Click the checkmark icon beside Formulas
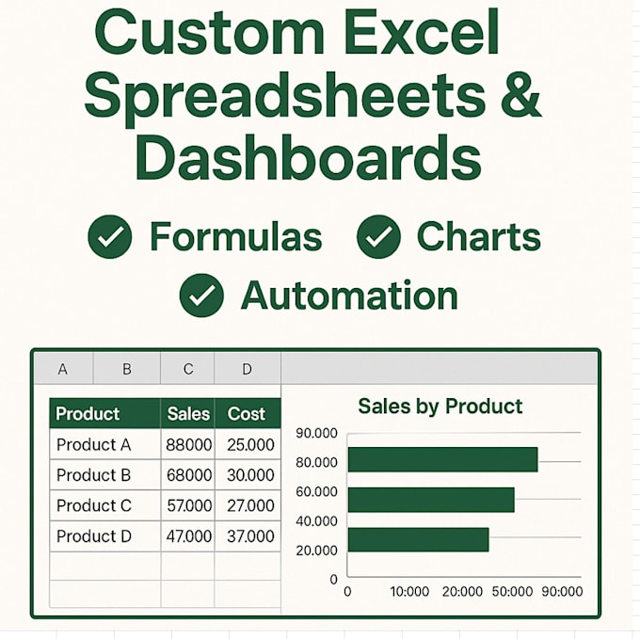(x=110, y=236)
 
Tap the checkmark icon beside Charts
(x=378, y=236)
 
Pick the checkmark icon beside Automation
(x=201, y=296)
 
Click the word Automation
(x=349, y=296)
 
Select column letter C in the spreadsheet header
(x=188, y=369)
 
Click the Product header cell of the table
(x=88, y=413)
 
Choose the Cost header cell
(x=247, y=413)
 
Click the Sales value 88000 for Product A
(x=188, y=444)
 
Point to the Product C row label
(x=93, y=505)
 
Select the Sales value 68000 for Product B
(x=188, y=475)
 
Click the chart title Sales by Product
(x=440, y=407)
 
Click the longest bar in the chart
(x=442, y=459)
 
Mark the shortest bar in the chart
(x=418, y=539)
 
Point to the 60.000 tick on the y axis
(x=316, y=491)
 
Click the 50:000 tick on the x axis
(x=512, y=592)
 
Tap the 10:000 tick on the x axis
(x=409, y=592)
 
